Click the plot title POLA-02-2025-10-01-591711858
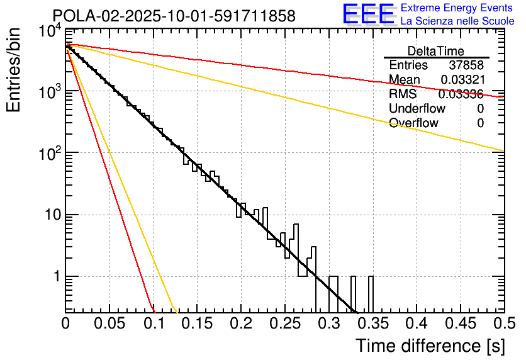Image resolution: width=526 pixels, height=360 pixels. [174, 17]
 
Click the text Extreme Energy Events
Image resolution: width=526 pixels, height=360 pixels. [457, 8]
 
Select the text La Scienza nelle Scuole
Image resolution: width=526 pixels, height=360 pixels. [457, 21]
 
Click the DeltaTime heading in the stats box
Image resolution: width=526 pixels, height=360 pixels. [435, 51]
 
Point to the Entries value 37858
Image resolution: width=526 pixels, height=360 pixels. [466, 65]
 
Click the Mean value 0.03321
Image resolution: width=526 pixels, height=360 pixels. [462, 80]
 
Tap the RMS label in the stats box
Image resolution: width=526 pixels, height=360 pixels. [403, 94]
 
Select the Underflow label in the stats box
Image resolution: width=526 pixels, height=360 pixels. [414, 109]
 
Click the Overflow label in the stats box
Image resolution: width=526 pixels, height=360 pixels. [413, 123]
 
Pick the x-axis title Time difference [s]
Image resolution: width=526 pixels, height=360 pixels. [429, 346]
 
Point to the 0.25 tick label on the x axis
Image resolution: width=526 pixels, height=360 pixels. [284, 324]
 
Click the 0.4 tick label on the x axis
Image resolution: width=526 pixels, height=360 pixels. [416, 324]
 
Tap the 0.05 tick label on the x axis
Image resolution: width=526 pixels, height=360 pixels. [109, 324]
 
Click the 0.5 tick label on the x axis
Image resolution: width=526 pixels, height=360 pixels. [503, 324]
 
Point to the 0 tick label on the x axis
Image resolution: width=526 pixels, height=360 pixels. [66, 324]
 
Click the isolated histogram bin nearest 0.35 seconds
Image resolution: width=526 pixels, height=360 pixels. [371, 293]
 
